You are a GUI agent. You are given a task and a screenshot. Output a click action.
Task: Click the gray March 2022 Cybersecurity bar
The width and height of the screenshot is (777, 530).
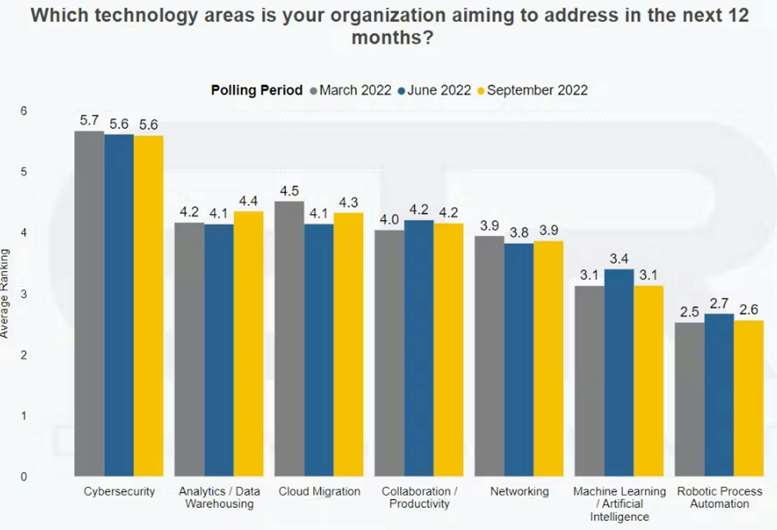coord(89,303)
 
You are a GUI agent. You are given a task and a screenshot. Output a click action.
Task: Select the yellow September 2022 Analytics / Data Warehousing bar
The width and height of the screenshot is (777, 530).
coord(249,344)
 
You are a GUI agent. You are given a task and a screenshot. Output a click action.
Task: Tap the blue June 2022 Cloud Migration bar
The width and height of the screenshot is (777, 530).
coord(319,350)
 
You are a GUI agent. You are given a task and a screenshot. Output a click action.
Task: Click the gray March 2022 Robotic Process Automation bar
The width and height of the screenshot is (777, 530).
coord(690,399)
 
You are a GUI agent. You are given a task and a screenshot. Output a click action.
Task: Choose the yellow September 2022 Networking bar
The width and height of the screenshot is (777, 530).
coord(549,359)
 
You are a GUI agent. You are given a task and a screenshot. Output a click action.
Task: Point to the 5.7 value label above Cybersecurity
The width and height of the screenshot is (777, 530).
coord(89,121)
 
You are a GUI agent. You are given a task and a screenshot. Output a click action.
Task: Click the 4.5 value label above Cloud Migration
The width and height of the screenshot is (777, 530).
coord(289,191)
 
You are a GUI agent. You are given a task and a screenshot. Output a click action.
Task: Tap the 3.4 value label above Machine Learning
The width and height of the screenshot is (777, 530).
coord(619,259)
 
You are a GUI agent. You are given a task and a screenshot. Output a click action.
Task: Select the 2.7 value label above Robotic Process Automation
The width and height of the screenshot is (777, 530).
coord(719,303)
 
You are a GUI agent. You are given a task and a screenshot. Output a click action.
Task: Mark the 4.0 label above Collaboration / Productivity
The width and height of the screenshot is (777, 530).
coord(389,220)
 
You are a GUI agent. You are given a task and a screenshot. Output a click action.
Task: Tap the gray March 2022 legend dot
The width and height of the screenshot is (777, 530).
coord(314,91)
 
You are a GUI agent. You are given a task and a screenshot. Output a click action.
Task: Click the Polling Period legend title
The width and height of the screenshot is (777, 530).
coord(256,90)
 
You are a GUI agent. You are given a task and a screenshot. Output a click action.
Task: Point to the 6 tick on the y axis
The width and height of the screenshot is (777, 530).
coord(24,111)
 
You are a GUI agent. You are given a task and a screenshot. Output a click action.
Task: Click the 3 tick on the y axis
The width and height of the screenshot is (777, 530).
coord(24,294)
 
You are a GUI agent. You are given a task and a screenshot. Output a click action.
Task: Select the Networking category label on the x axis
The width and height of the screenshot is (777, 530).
coord(519,492)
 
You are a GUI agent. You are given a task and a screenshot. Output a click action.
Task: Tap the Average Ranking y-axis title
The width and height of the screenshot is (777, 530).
coord(5,294)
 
